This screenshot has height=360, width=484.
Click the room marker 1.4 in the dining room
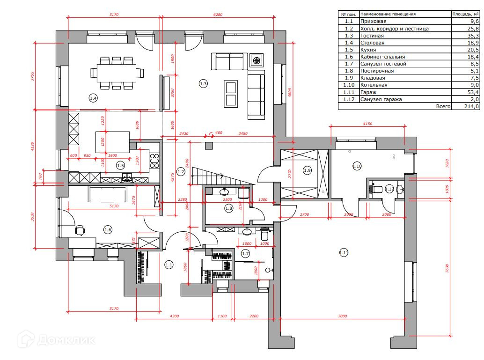point(93,98)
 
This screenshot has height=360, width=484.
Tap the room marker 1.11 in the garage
point(344,253)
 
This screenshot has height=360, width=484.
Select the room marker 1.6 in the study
point(108,229)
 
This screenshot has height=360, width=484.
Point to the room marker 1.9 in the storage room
point(307,170)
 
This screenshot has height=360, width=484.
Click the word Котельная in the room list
point(374,85)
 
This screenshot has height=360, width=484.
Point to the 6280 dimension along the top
point(218,15)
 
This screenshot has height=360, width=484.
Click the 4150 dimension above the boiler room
point(367,124)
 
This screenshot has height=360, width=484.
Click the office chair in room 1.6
point(80,229)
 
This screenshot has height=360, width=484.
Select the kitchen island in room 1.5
point(112,142)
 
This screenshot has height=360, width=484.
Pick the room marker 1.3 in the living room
point(203,84)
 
